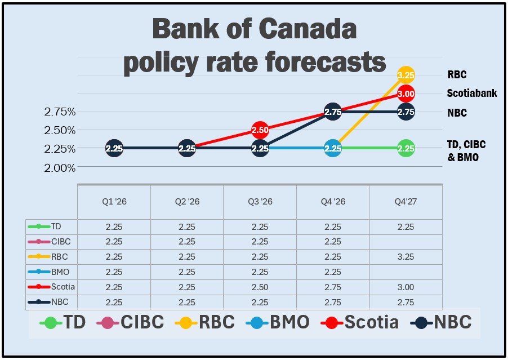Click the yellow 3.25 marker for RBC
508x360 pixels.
(405, 74)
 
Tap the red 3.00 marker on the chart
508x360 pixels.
(405, 94)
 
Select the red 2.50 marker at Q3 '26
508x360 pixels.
(260, 130)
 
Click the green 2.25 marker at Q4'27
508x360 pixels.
(405, 149)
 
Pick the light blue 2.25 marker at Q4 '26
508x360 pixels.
(333, 149)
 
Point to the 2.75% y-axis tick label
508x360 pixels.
(60, 112)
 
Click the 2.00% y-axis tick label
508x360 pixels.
(60, 167)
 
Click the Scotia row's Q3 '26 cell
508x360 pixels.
(260, 287)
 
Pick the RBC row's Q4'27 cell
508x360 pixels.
(405, 256)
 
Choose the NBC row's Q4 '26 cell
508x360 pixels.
(333, 302)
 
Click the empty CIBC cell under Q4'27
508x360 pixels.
(405, 241)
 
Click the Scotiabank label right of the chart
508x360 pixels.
(472, 94)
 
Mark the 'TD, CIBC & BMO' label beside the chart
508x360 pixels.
(466, 151)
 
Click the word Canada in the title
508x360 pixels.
(304, 29)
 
